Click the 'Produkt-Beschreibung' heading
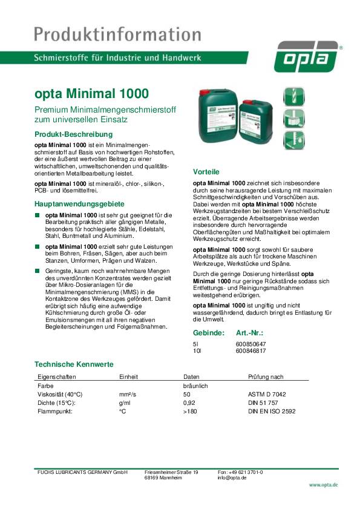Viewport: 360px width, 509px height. pos(73,133)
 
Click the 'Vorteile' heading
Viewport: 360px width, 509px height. pos(206,171)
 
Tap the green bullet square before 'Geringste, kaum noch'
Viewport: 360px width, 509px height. pos(37,272)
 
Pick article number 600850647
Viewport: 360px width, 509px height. pos(249,344)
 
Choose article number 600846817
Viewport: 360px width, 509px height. pos(249,350)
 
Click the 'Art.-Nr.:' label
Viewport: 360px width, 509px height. pos(249,333)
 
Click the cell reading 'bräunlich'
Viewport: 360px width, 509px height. pos(195,385)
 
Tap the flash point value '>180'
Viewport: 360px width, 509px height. pos(190,411)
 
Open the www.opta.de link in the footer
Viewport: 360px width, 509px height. pos(323,485)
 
